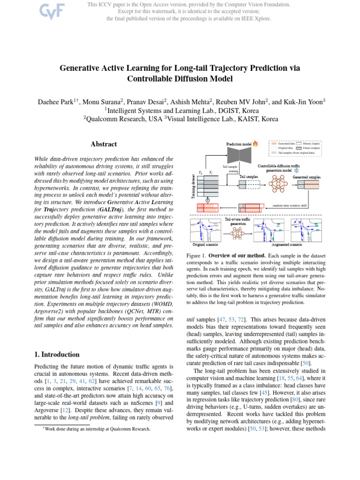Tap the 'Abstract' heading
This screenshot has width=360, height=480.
[x=103, y=144]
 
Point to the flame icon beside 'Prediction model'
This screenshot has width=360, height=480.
[x=255, y=144]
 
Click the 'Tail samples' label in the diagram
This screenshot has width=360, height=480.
[x=248, y=177]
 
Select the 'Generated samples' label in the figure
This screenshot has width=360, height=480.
[x=307, y=177]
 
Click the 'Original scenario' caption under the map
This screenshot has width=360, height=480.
[x=208, y=244]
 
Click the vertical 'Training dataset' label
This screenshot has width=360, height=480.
[x=193, y=186]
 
